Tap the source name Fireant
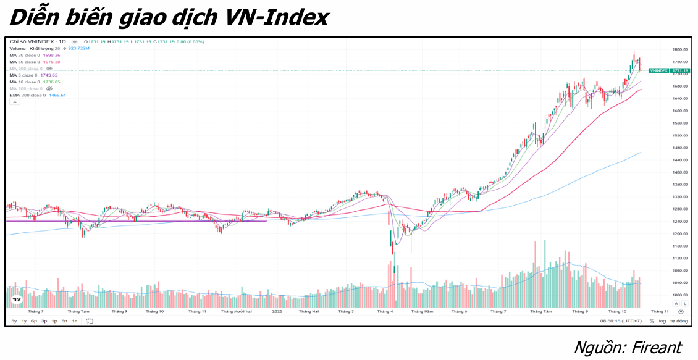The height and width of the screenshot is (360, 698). tap(656, 347)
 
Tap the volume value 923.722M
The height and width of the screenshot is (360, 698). tap(78, 48)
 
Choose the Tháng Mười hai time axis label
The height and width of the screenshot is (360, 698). tap(237, 312)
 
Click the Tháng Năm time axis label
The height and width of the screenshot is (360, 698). tap(423, 312)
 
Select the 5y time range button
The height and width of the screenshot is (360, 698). tap(14, 321)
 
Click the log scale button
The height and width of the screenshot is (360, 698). tap(662, 321)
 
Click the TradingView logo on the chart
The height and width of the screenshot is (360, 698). tap(15, 301)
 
